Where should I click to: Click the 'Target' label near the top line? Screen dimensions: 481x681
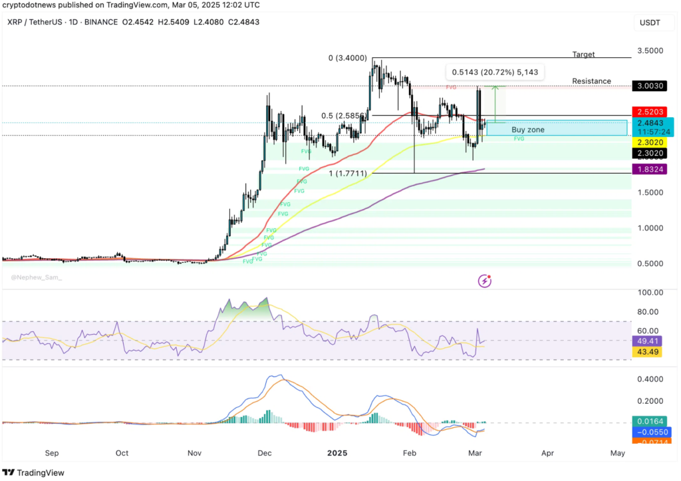(583, 54)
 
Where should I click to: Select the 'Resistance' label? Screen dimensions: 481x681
(591, 81)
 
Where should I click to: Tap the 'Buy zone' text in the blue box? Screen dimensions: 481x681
(527, 130)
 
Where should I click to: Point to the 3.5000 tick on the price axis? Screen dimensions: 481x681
(650, 51)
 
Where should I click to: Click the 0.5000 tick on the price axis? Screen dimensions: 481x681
(650, 263)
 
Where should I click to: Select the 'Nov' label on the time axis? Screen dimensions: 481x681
(194, 453)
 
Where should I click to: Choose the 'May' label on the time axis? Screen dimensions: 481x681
(617, 453)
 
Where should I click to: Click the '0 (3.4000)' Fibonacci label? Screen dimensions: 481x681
(348, 58)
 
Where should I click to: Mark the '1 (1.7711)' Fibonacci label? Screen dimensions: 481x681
(348, 173)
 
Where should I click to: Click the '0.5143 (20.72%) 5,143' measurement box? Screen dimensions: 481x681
(494, 72)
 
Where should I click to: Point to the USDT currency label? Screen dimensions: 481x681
(650, 22)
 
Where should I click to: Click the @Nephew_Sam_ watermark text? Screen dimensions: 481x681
(36, 277)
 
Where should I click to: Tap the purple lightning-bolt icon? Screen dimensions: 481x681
(485, 281)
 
